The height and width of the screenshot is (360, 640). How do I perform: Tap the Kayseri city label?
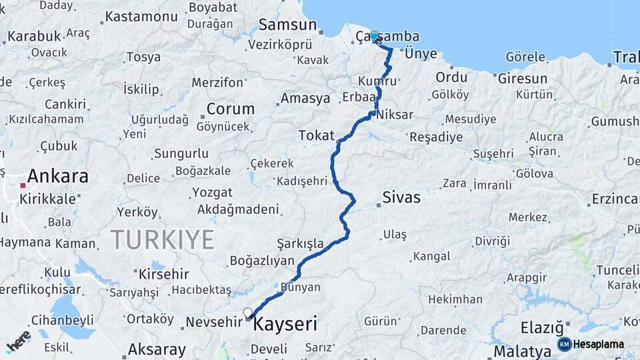[x=285, y=325]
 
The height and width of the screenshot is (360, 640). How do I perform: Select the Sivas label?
[x=401, y=197]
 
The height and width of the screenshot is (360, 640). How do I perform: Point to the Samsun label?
[x=287, y=25]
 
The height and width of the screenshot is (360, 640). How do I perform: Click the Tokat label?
[x=316, y=135]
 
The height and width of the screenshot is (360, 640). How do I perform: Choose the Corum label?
[x=231, y=109]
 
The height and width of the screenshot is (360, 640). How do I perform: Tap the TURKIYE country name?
[x=163, y=239]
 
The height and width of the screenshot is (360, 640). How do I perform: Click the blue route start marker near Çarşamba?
[x=374, y=36]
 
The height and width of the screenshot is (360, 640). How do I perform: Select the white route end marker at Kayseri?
[x=248, y=312]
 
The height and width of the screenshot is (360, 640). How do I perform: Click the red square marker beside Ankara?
[x=23, y=186]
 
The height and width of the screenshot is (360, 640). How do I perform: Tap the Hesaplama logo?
[x=591, y=344]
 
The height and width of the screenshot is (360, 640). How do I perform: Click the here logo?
[x=18, y=341]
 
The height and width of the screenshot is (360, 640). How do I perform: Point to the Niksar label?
[x=395, y=115]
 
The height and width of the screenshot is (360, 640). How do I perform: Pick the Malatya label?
[x=521, y=351]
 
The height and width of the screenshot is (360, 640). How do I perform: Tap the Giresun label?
[x=522, y=79]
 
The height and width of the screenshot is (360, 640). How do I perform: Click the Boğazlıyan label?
[x=262, y=260]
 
